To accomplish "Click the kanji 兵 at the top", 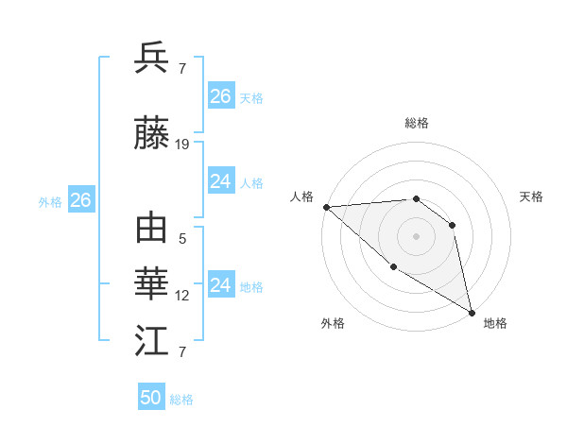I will (x=152, y=59).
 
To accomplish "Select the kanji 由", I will (x=152, y=230).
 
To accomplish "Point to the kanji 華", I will (x=152, y=284).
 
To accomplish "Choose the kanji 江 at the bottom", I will (x=152, y=341).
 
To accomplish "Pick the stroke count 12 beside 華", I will (x=182, y=296).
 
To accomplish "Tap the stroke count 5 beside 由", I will (x=182, y=239).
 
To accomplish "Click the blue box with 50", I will (x=151, y=398).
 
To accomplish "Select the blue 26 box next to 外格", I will (x=80, y=200).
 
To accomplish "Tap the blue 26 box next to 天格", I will (x=221, y=96).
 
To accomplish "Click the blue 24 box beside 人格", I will (x=221, y=181).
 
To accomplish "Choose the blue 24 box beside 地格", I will (x=221, y=285).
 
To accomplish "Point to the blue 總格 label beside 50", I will (x=181, y=400).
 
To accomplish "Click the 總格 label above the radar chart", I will (x=416, y=123).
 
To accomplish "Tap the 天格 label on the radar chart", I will (x=531, y=196).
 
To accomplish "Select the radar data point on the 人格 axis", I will (x=326, y=207).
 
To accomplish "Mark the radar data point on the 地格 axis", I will (x=472, y=312).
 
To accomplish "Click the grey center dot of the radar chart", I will (x=416, y=236).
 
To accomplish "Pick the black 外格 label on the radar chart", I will (x=333, y=324).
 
